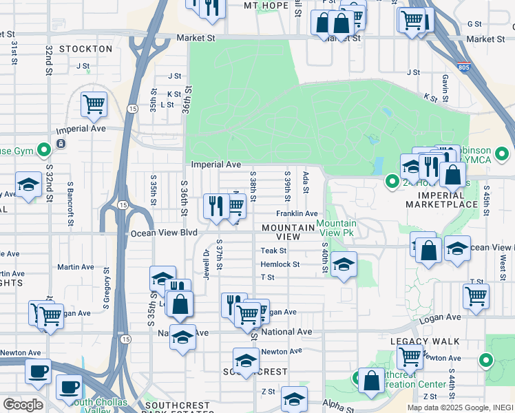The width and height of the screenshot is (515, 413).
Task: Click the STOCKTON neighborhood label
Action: (85, 49)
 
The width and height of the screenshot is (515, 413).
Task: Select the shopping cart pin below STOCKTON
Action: (94, 105)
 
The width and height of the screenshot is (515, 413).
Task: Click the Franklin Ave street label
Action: (297, 214)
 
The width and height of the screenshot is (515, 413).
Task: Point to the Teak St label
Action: (273, 251)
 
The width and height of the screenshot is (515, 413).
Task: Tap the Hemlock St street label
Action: (280, 264)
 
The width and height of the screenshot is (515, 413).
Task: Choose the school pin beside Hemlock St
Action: (344, 264)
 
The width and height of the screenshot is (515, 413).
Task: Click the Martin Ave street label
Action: (76, 267)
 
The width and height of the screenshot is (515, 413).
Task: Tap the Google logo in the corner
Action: (23, 404)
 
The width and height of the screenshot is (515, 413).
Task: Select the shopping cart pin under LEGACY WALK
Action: (410, 357)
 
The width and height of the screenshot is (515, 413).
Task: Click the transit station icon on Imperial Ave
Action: (61, 144)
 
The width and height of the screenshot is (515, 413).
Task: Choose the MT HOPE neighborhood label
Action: (266, 6)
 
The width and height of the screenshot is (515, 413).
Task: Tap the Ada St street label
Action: (305, 182)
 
